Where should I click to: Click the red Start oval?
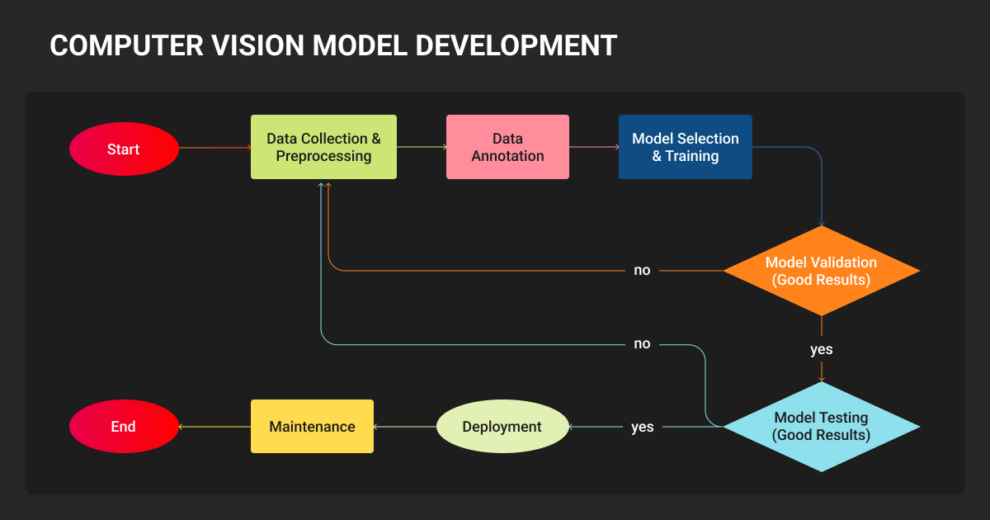tap(124, 149)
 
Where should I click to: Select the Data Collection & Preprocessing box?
tap(323, 147)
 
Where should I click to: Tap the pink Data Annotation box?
tap(507, 147)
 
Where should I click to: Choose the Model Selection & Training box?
tap(685, 147)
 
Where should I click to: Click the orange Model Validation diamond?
tap(821, 271)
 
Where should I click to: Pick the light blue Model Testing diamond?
tap(821, 426)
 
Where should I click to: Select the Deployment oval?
tap(502, 426)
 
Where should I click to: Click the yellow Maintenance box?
tap(312, 426)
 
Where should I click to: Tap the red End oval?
tap(124, 426)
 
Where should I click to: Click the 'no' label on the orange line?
tap(642, 270)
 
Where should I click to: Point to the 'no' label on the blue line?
tap(642, 343)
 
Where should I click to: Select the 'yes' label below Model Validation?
tap(821, 349)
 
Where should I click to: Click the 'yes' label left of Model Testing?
tap(642, 427)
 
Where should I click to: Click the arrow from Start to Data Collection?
tap(214, 149)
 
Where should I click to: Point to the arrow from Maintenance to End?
tap(214, 427)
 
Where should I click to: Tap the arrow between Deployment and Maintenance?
tap(404, 427)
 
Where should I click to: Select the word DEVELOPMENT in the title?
tap(516, 45)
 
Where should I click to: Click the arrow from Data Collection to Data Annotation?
tap(422, 148)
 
